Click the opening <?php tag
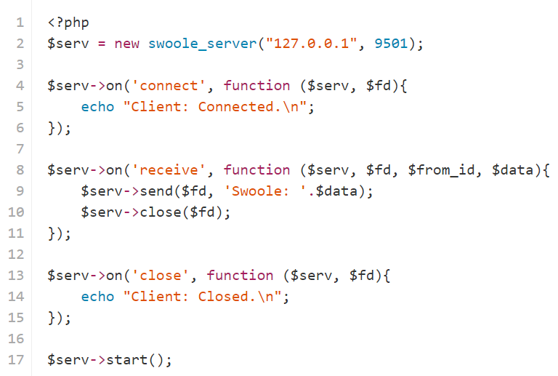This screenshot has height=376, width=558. (68, 23)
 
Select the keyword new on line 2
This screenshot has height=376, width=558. (126, 44)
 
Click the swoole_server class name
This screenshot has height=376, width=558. (202, 44)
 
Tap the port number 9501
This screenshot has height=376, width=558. (391, 44)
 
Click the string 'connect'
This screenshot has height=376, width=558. (169, 86)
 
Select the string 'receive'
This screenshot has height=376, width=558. (169, 170)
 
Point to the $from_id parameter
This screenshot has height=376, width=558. (441, 170)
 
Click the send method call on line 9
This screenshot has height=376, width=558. (156, 191)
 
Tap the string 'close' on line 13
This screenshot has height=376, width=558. (161, 275)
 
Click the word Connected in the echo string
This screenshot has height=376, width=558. (235, 106)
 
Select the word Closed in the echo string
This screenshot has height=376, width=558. (223, 296)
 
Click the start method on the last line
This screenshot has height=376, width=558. (127, 359)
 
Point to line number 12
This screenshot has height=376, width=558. (16, 255)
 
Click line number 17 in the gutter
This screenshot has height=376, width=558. (16, 359)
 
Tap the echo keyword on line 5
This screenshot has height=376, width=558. (97, 106)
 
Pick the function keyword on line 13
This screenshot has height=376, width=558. (240, 275)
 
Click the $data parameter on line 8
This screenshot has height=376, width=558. (512, 170)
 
